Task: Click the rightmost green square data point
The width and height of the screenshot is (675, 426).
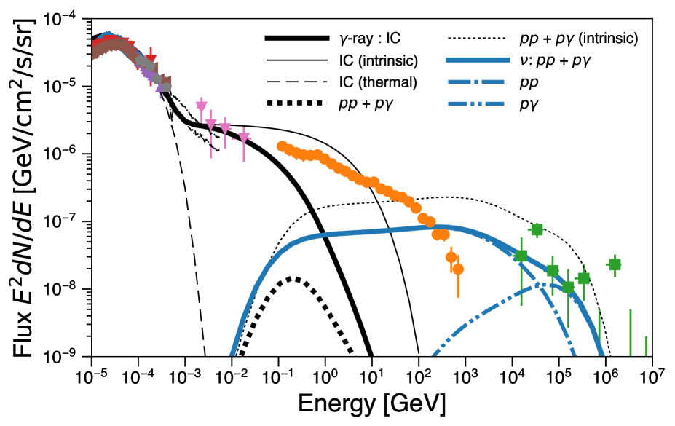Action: tap(615, 264)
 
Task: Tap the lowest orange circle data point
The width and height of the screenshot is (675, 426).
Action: tap(458, 269)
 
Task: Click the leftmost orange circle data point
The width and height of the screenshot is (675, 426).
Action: tap(282, 146)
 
